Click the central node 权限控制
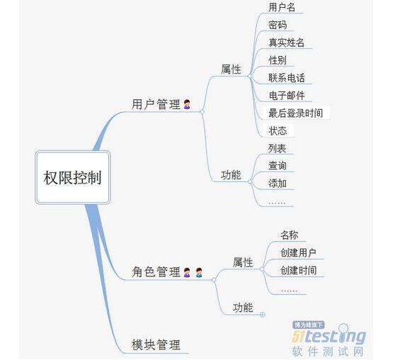click(x=73, y=178)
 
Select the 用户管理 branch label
click(x=156, y=104)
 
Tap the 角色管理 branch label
click(x=156, y=271)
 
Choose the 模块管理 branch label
click(x=156, y=344)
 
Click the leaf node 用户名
click(x=282, y=7)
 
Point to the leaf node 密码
click(x=278, y=25)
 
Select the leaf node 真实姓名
click(x=286, y=43)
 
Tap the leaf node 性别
click(x=278, y=60)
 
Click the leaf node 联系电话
click(x=287, y=78)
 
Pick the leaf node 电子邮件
click(x=287, y=96)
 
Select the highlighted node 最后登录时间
click(x=296, y=113)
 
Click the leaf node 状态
click(x=278, y=130)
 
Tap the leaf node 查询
click(x=278, y=166)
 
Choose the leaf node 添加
click(x=278, y=184)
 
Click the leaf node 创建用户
click(x=298, y=253)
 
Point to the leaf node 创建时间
click(x=299, y=271)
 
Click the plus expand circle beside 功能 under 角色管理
click(x=262, y=315)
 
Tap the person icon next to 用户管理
click(x=187, y=104)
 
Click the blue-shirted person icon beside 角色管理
click(x=199, y=272)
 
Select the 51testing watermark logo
click(x=329, y=338)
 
